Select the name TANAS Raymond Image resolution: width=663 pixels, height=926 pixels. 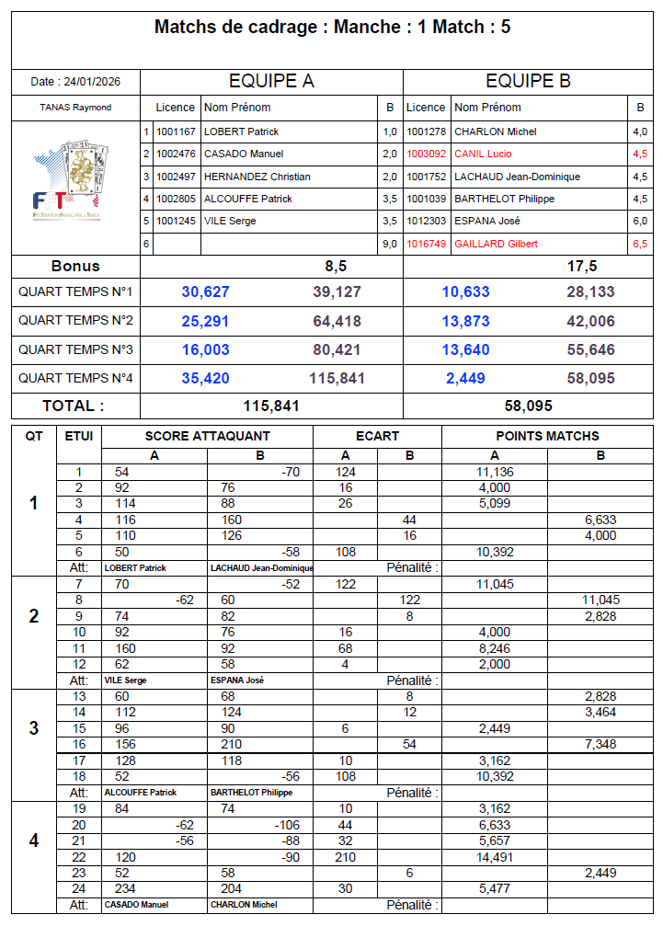tap(75, 108)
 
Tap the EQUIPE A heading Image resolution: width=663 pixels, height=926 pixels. tap(271, 81)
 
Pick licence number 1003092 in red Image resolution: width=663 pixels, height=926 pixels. tap(427, 154)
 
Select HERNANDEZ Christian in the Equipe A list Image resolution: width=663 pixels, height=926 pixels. tap(257, 177)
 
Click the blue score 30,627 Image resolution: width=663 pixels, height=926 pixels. tap(205, 292)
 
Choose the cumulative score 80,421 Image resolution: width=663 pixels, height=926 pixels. tap(337, 349)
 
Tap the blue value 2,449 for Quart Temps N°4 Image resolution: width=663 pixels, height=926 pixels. tap(465, 378)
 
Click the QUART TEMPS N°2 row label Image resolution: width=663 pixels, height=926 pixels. tap(75, 321)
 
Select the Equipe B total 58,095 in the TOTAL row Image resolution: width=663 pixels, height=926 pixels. tap(529, 406)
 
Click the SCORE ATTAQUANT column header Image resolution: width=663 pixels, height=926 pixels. tap(208, 436)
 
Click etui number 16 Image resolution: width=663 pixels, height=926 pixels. tap(79, 744)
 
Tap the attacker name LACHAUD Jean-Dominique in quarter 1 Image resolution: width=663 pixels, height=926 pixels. tap(261, 568)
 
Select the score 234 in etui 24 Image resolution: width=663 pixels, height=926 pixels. tap(125, 889)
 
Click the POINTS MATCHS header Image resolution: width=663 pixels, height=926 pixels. tap(547, 436)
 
